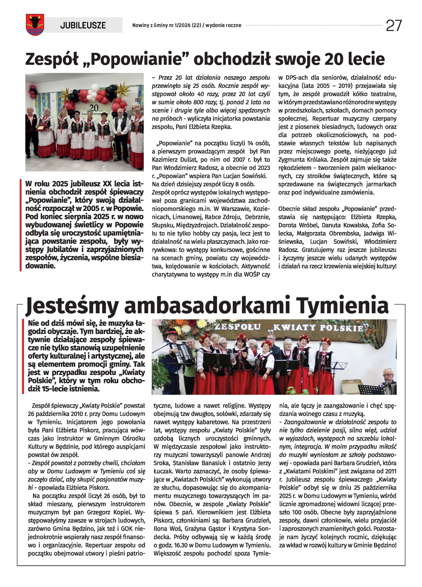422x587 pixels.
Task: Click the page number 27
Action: (x=394, y=25)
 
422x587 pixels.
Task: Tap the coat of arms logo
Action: (x=35, y=25)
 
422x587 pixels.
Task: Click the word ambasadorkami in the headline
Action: (x=207, y=306)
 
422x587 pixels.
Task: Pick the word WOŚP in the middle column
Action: (x=252, y=274)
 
